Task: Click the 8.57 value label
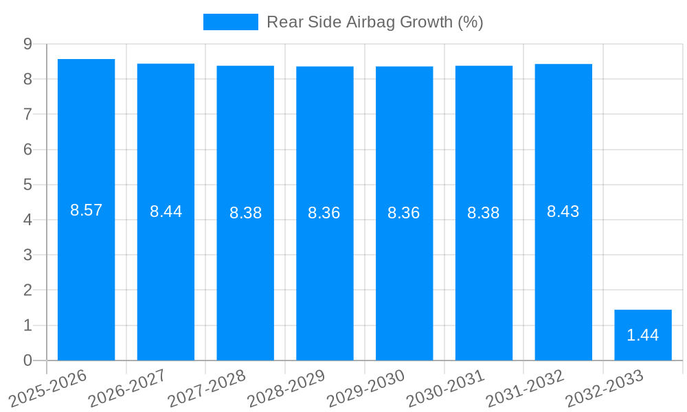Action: pyautogui.click(x=86, y=210)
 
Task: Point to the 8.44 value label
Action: pyautogui.click(x=166, y=211)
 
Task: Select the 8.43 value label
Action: pyautogui.click(x=563, y=211)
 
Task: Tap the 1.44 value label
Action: pyautogui.click(x=643, y=335)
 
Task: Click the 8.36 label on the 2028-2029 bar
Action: pyautogui.click(x=324, y=213)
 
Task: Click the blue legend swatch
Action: pyautogui.click(x=231, y=22)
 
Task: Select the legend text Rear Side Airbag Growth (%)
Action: pyautogui.click(x=375, y=22)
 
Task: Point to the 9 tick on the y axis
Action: pyautogui.click(x=27, y=44)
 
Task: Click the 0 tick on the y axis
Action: pyautogui.click(x=27, y=360)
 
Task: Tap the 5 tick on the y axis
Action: pyautogui.click(x=27, y=185)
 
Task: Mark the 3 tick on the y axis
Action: pyautogui.click(x=27, y=255)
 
